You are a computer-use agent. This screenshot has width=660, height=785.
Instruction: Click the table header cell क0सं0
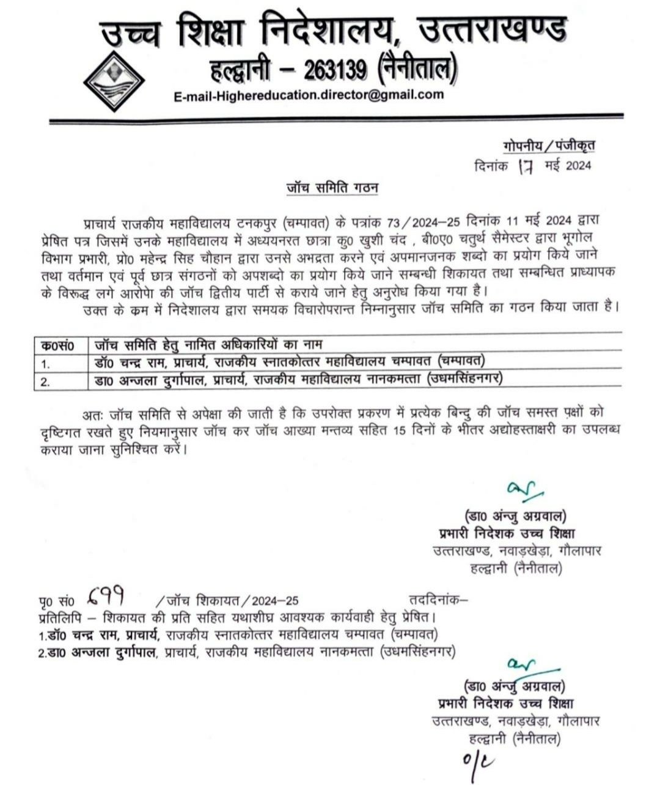pyautogui.click(x=57, y=346)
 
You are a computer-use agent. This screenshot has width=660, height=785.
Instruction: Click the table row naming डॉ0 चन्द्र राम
pyautogui.click(x=293, y=363)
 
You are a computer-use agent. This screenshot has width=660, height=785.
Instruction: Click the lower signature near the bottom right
pyautogui.click(x=519, y=665)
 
